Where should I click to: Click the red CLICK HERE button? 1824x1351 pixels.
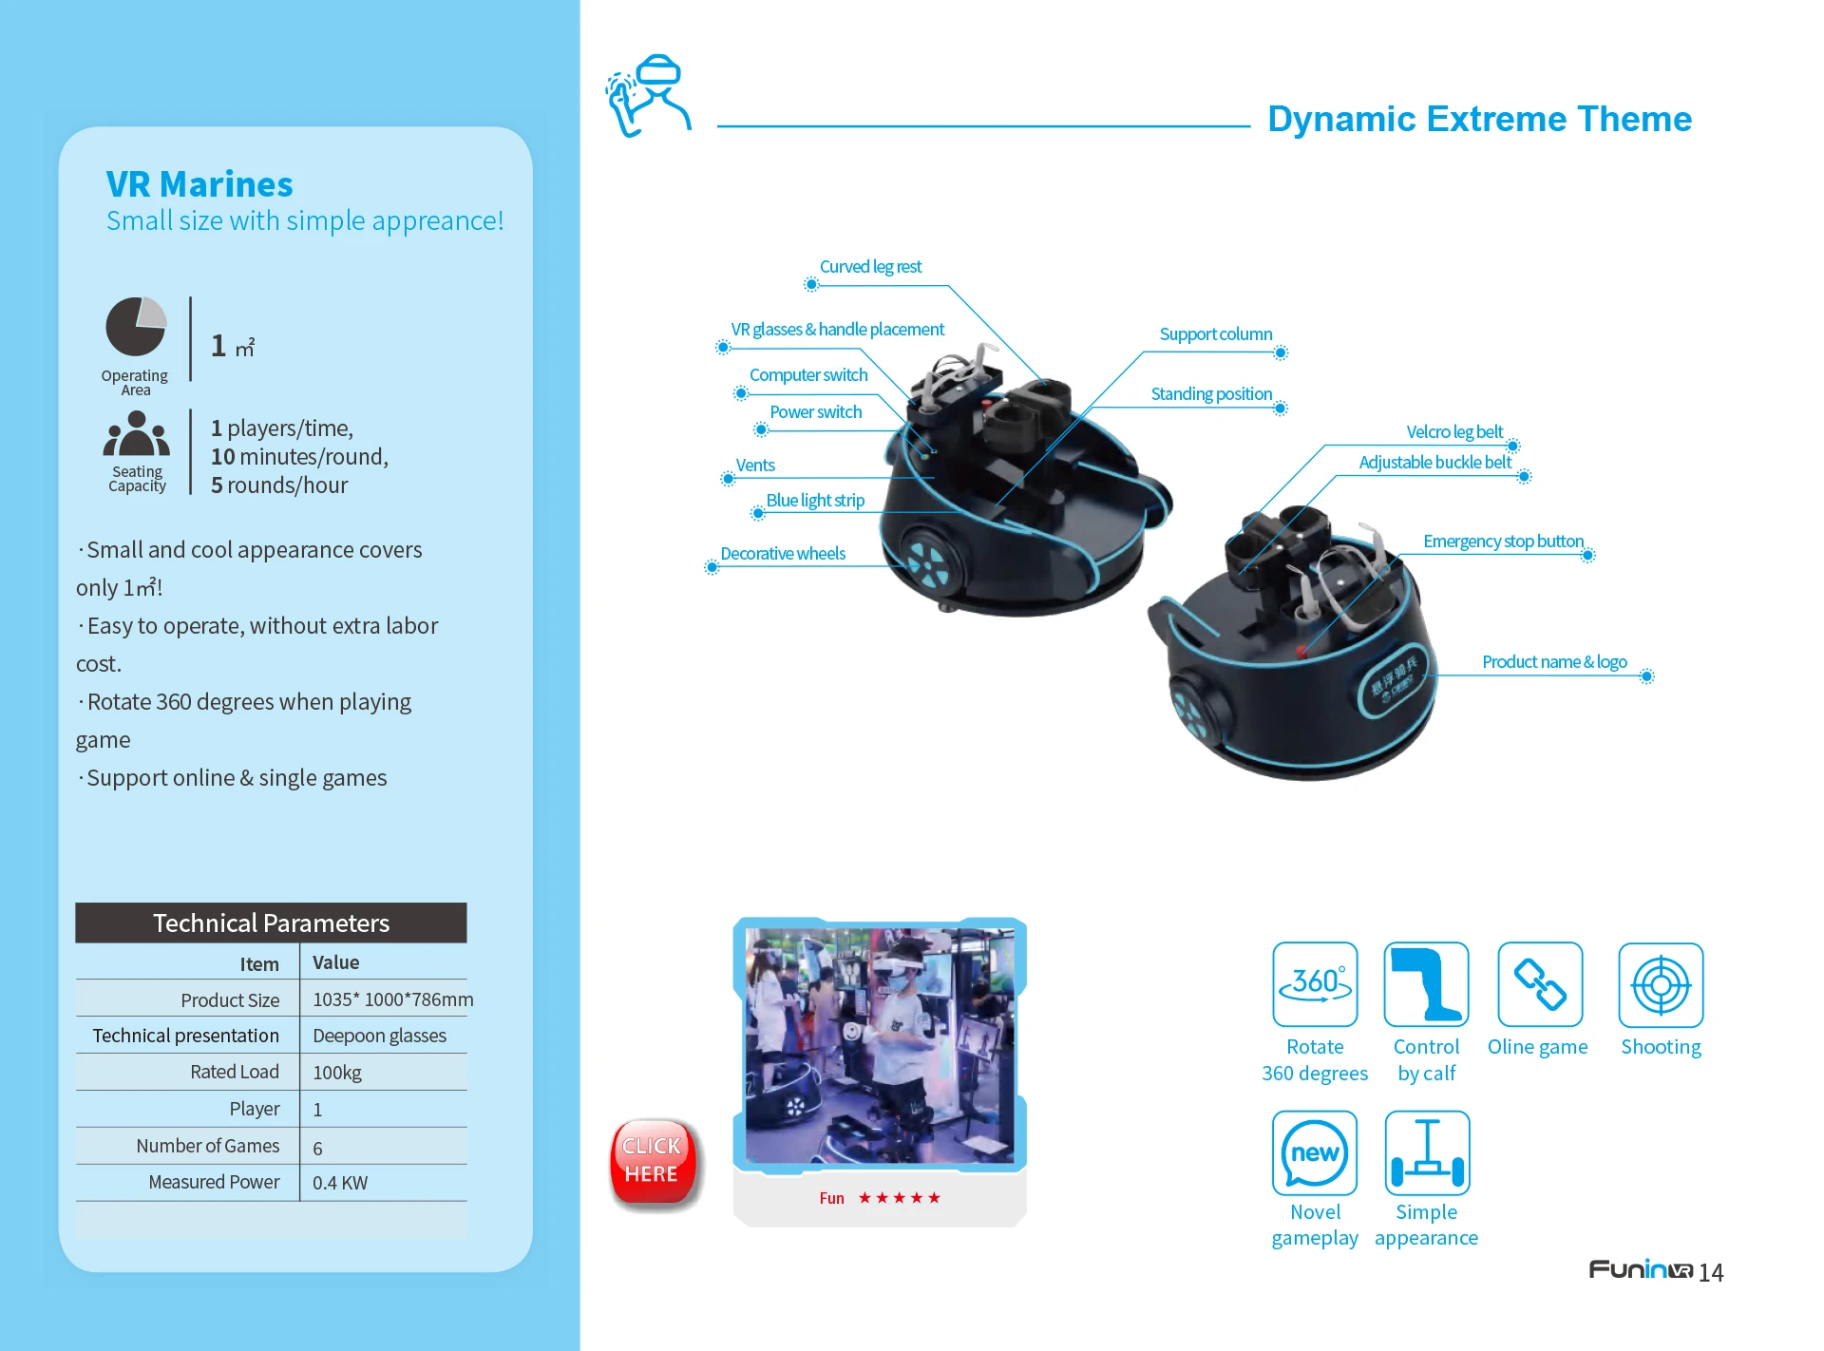(x=653, y=1162)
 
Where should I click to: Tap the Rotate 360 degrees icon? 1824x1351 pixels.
(x=1315, y=984)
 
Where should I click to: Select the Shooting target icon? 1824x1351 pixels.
(x=1661, y=985)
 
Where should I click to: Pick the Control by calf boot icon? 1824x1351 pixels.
(x=1426, y=984)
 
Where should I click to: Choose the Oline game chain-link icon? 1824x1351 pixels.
(x=1540, y=984)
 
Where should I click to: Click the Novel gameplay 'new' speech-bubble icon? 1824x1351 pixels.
(x=1315, y=1152)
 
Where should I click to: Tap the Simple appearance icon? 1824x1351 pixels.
(x=1427, y=1152)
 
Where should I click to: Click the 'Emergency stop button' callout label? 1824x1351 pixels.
(x=1503, y=542)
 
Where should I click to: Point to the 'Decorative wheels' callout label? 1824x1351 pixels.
(x=783, y=554)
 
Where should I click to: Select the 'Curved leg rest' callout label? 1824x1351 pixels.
(x=870, y=267)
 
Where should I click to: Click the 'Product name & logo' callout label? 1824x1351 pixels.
(x=1554, y=662)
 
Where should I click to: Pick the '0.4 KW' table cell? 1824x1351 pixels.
(x=340, y=1183)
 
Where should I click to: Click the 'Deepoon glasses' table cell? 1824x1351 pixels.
(x=379, y=1036)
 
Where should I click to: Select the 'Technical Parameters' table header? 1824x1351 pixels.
(x=271, y=923)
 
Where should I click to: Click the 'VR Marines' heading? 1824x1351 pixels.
(x=199, y=184)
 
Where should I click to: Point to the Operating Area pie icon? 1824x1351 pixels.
(x=136, y=326)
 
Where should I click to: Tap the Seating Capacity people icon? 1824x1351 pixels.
(x=137, y=434)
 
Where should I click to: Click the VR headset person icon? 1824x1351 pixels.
(x=649, y=95)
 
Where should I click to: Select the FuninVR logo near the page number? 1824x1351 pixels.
(x=1641, y=1270)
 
